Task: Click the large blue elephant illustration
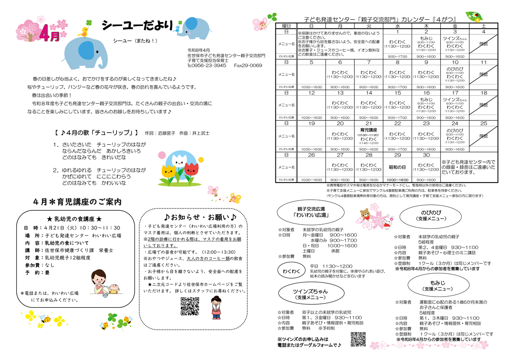pyautogui.click(x=79, y=54)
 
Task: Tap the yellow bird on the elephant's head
pyautogui.click(x=83, y=31)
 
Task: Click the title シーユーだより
pyautogui.click(x=137, y=26)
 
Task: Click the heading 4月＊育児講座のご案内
pyautogui.click(x=78, y=201)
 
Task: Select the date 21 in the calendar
pyautogui.click(x=369, y=123)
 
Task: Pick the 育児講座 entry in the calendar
pyautogui.click(x=369, y=129)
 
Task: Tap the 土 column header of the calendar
pyautogui.click(x=484, y=26)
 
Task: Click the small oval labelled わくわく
pyautogui.click(x=291, y=271)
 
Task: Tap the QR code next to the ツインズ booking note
pyautogui.click(x=358, y=339)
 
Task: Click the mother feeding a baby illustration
pyautogui.click(x=105, y=283)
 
